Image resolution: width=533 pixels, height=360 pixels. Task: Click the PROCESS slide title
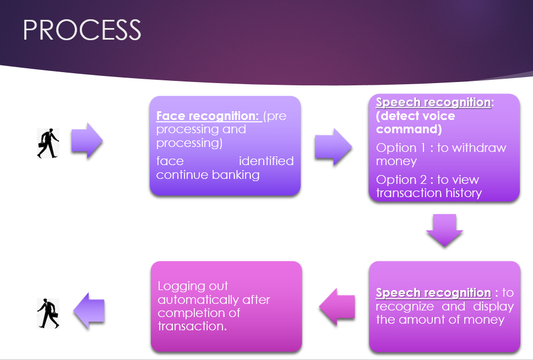82,30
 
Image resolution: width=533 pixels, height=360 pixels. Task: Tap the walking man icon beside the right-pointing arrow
48,144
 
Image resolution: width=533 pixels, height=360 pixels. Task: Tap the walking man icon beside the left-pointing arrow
48,313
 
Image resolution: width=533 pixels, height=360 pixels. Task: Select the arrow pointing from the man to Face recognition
86,141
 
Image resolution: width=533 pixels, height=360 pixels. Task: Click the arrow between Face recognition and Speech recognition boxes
333,147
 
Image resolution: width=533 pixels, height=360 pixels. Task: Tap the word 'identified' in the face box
266,161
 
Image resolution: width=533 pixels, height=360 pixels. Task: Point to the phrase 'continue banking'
208,175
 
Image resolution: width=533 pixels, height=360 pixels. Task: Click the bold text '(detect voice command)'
415,122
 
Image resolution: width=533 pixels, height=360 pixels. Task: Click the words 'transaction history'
429,193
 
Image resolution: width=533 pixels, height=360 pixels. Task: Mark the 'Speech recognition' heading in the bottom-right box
433,293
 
